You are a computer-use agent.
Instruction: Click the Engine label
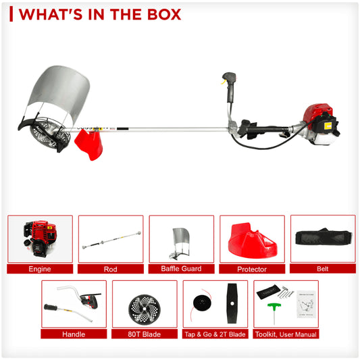40,269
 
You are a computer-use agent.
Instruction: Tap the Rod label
110,269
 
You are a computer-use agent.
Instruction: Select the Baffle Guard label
181,269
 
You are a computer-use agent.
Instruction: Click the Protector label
251,269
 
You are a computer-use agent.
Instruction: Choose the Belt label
322,269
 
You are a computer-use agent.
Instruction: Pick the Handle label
74,334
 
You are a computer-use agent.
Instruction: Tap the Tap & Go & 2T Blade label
215,334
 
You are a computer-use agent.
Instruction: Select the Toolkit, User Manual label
286,334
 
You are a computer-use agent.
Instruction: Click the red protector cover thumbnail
251,240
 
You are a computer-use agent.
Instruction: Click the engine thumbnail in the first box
39,238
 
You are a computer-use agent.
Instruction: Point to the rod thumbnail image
110,239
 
